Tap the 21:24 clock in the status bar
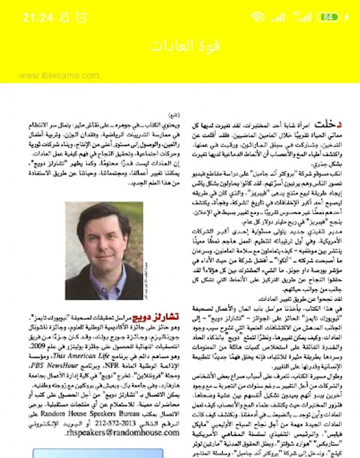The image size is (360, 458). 37,17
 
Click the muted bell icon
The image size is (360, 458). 65,17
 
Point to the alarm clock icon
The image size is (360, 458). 81,17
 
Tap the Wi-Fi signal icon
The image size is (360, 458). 258,17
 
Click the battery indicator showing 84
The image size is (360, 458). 328,17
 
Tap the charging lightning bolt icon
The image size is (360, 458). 347,17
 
